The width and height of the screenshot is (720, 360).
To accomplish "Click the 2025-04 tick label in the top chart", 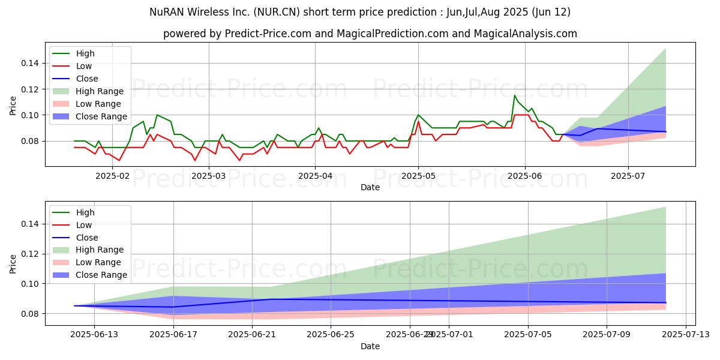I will pyautogui.click(x=315, y=176).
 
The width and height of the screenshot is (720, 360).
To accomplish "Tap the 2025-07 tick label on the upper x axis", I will pyautogui.click(x=628, y=176).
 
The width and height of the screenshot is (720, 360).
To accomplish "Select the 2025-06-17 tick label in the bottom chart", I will pyautogui.click(x=173, y=335).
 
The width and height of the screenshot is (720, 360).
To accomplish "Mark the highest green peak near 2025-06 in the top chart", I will pyautogui.click(x=514, y=95).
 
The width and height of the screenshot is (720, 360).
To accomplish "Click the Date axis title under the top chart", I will pyautogui.click(x=370, y=187).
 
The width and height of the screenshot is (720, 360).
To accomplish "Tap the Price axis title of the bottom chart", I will pyautogui.click(x=13, y=263).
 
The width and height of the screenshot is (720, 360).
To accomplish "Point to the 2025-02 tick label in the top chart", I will pyautogui.click(x=112, y=176).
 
